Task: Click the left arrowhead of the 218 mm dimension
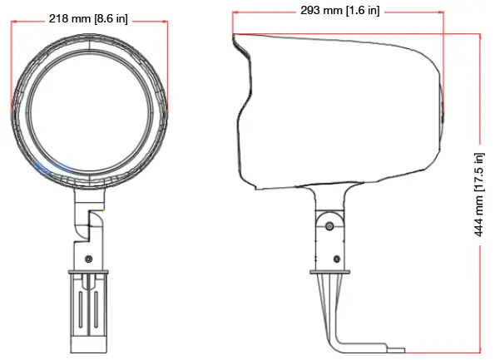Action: tap(14, 22)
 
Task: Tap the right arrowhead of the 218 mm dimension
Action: tap(165, 22)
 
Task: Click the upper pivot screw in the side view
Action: tap(330, 225)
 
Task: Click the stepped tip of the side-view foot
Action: tap(398, 350)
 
